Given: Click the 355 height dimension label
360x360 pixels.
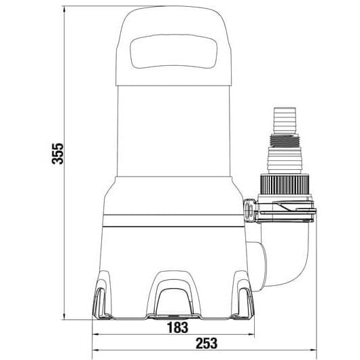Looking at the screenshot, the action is point(58,154).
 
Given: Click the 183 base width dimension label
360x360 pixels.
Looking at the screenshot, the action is point(178,327).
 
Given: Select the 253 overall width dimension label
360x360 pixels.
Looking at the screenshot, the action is point(206,344).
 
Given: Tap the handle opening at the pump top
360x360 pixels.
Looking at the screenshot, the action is point(173,51).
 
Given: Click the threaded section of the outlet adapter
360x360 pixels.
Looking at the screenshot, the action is point(285,141).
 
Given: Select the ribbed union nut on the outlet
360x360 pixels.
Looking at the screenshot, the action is point(285,185).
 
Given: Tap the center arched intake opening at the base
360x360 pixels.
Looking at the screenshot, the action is point(174,301).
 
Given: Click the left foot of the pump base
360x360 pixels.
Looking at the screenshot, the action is point(101,296).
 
